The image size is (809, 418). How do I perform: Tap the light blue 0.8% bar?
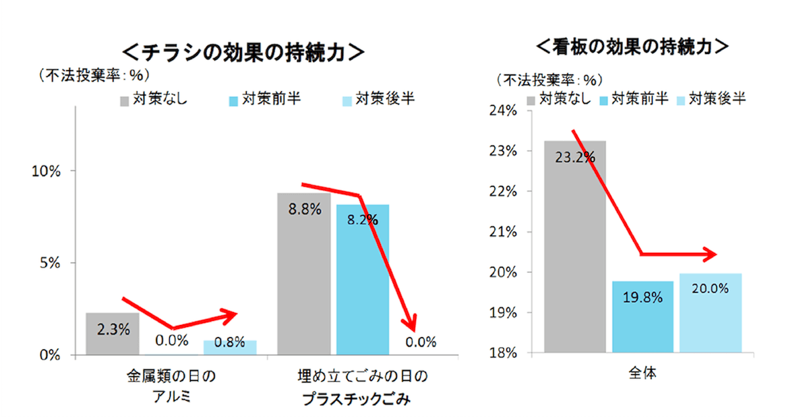click(230, 347)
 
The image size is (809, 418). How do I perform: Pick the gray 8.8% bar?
click(304, 273)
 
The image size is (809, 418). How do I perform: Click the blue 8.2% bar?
click(363, 278)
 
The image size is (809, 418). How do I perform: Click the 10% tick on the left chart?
click(47, 171)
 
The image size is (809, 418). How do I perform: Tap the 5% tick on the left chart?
click(51, 263)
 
